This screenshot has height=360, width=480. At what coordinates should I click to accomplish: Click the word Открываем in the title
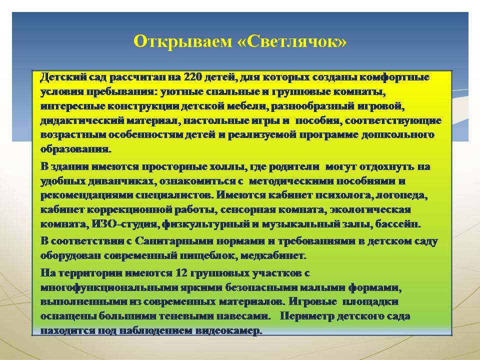(x=183, y=41)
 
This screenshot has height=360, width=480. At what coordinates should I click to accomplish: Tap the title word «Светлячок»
(x=292, y=41)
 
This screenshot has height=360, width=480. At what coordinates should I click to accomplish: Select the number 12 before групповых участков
(x=181, y=272)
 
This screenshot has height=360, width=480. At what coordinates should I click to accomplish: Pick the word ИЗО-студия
(x=124, y=224)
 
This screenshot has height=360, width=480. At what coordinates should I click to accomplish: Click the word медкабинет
(x=273, y=255)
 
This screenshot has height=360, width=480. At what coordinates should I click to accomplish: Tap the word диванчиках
(x=122, y=181)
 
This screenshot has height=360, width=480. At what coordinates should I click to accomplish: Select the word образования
(x=76, y=149)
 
